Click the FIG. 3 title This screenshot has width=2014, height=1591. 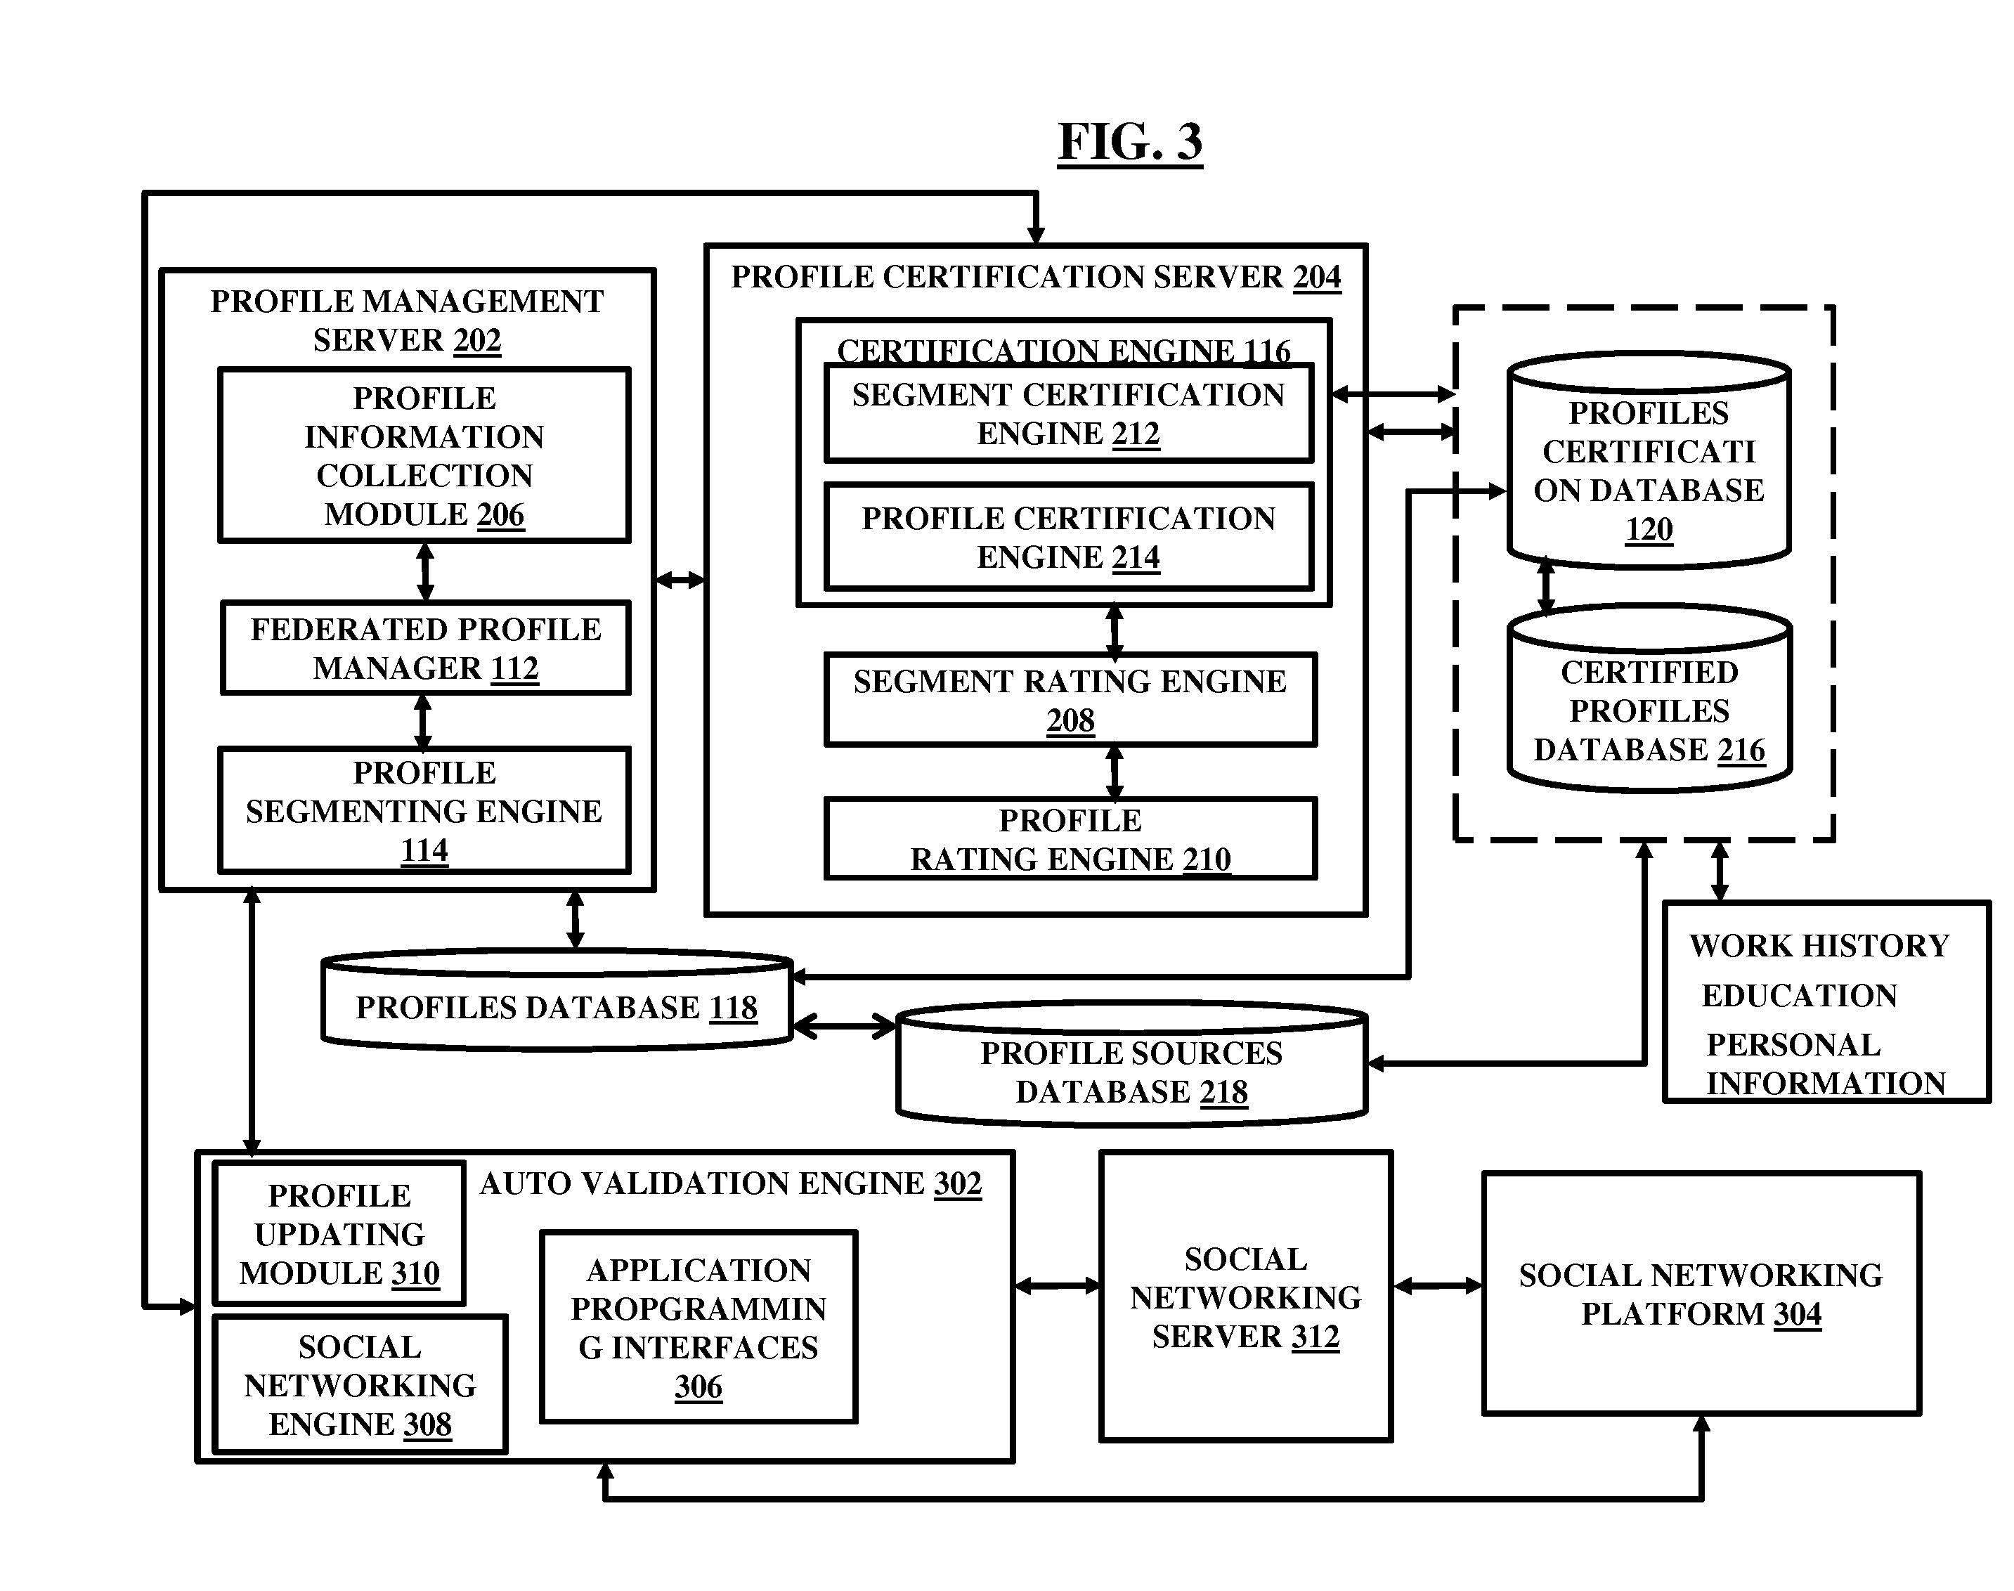tap(1130, 143)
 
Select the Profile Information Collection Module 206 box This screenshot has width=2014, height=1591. tap(424, 455)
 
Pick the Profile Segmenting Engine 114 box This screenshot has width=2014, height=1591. tap(424, 810)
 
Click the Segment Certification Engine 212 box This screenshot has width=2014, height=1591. tap(1068, 413)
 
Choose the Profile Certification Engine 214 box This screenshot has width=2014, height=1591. tap(1068, 537)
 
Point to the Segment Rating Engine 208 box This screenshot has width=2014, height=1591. tap(1070, 699)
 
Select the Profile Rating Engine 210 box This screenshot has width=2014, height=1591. tap(1070, 838)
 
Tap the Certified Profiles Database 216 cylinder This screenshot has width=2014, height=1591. tap(1649, 699)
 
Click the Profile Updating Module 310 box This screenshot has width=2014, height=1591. tap(339, 1233)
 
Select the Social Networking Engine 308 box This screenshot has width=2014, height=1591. tap(360, 1384)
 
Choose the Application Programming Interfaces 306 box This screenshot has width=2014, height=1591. tap(699, 1327)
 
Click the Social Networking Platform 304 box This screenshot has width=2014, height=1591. tap(1701, 1294)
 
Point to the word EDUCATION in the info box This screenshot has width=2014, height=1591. tap(1799, 996)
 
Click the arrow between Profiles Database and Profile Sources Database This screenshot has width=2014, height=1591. tap(844, 1025)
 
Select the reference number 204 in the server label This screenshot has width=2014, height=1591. tap(1316, 278)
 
